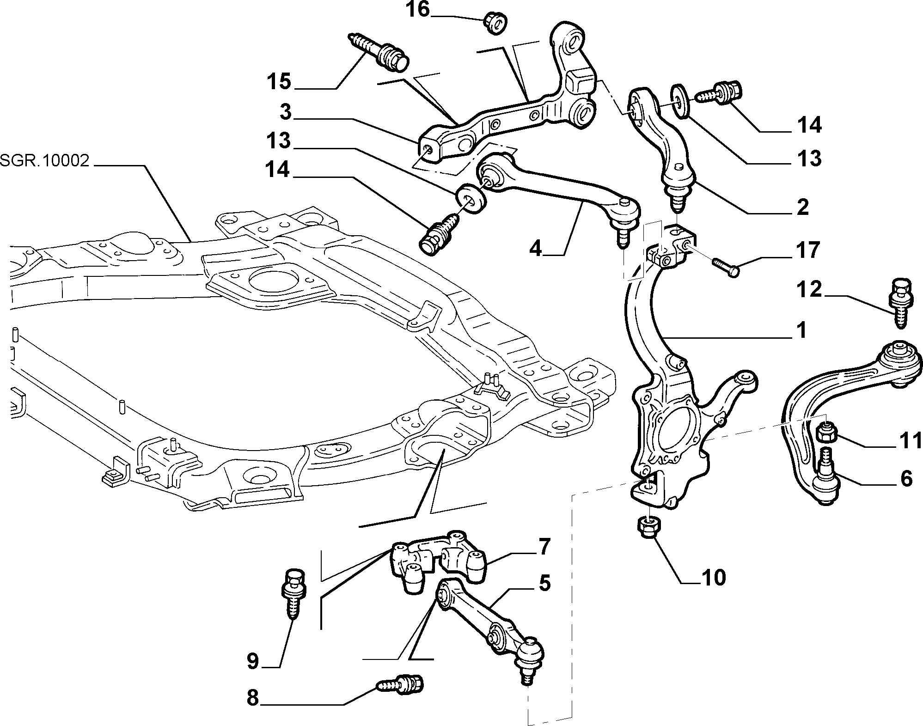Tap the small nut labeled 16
point(495,23)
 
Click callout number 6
point(906,478)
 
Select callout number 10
point(713,577)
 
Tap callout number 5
point(544,583)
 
